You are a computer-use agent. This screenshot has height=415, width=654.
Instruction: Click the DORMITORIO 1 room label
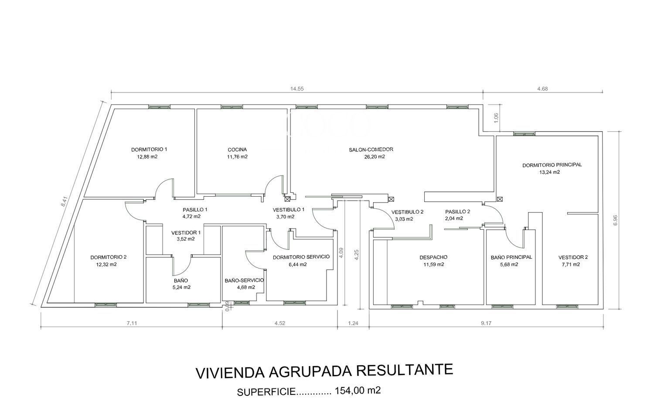149,150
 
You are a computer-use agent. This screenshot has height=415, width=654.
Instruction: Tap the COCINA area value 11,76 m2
237,157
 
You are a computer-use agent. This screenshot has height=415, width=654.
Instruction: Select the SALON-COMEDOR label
371,150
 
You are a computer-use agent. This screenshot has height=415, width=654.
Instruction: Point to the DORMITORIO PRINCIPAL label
552,165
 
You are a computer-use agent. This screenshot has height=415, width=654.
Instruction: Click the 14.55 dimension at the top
296,89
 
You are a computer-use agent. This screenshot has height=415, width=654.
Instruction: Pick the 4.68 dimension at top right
542,89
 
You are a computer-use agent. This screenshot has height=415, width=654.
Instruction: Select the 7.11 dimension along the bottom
131,323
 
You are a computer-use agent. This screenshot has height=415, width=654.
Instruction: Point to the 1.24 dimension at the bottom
353,323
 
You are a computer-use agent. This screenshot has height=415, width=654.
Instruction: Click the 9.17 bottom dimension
486,323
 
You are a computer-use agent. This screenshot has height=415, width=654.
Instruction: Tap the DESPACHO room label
433,257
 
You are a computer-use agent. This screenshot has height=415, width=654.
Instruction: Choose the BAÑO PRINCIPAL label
511,257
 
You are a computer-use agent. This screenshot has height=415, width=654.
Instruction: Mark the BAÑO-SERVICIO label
244,280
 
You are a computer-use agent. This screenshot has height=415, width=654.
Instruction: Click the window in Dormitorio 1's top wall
159,107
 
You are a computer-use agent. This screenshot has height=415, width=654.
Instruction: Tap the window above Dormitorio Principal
525,134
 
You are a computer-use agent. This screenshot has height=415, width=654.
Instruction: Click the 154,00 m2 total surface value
358,391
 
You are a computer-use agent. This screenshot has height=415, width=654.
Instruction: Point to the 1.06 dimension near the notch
496,118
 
